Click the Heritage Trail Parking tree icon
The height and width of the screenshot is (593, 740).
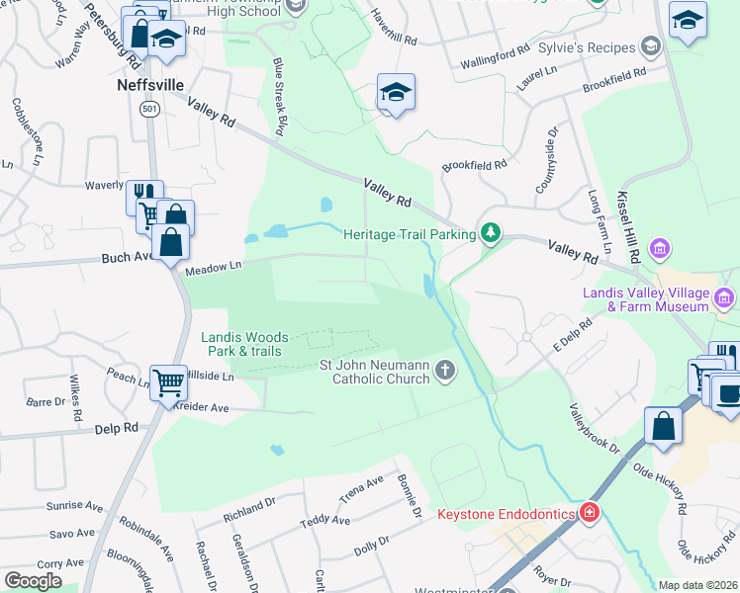pyautogui.click(x=489, y=233)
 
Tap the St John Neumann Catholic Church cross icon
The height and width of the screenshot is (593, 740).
pyautogui.click(x=445, y=371)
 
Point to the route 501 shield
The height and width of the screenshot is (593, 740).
pyautogui.click(x=148, y=110)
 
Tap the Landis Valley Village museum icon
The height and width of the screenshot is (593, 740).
pyautogui.click(x=725, y=296)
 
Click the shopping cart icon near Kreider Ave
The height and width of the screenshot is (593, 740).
pyautogui.click(x=169, y=381)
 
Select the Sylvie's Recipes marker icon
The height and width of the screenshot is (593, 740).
pyautogui.click(x=650, y=46)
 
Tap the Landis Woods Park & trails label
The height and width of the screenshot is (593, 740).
pyautogui.click(x=242, y=344)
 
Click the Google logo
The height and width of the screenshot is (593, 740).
pyautogui.click(x=33, y=581)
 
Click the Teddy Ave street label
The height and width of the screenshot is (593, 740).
pyautogui.click(x=325, y=521)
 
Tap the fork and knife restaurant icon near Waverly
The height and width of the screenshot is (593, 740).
pyautogui.click(x=145, y=195)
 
